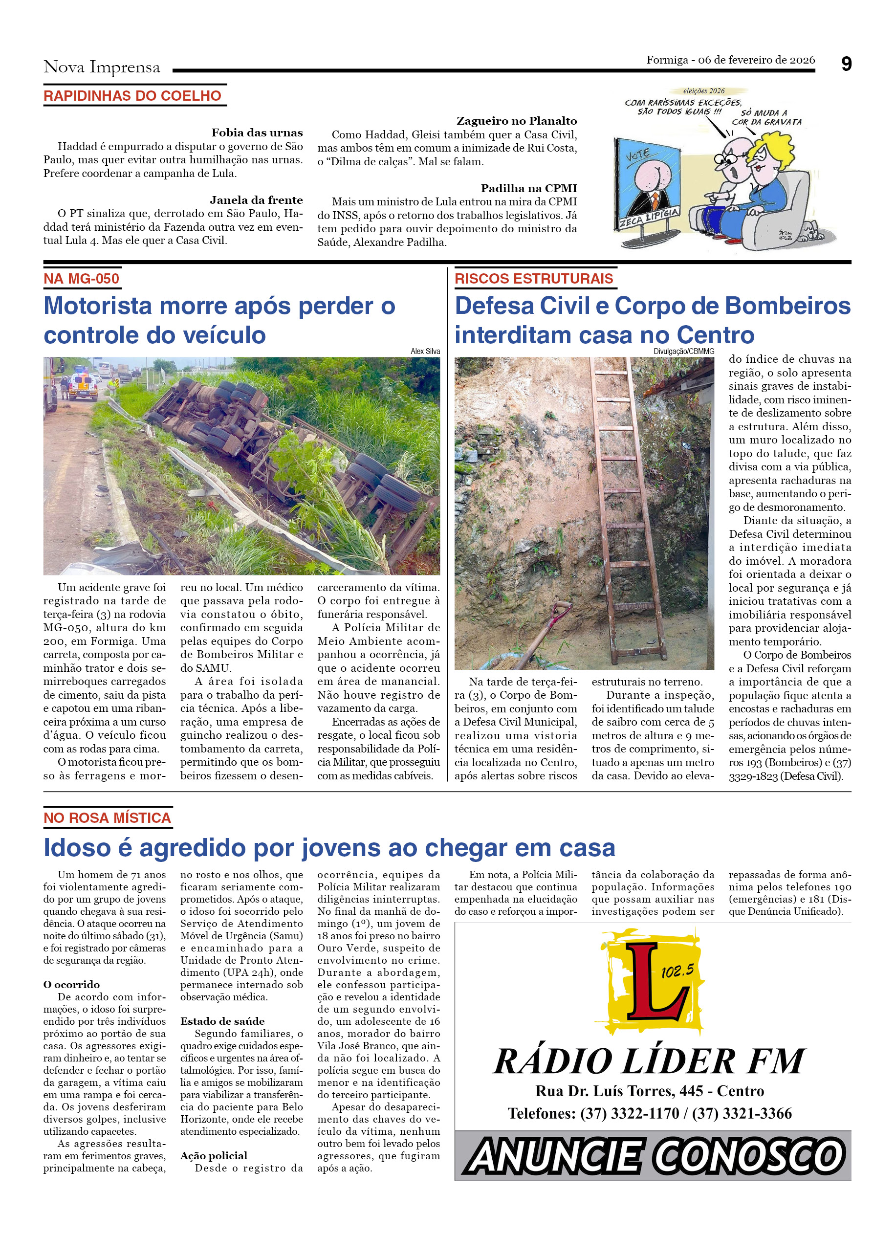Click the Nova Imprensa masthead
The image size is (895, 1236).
coord(102,67)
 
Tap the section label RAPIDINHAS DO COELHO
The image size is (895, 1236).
coord(132,96)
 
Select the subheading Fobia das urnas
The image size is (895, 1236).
coord(257,132)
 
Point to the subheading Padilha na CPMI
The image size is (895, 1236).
coord(528,188)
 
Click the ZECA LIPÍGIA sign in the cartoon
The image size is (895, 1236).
coord(649,218)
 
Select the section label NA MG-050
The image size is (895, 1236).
coord(81,279)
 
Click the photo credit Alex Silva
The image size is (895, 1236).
coord(425,352)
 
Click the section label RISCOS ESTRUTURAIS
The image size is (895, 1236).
coord(533,279)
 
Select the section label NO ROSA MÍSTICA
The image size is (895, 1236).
coord(108,817)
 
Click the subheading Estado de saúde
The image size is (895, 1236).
coord(222,1021)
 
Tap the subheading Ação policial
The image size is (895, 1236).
coord(214,1155)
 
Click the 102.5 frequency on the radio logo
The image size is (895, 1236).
coord(677,971)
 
